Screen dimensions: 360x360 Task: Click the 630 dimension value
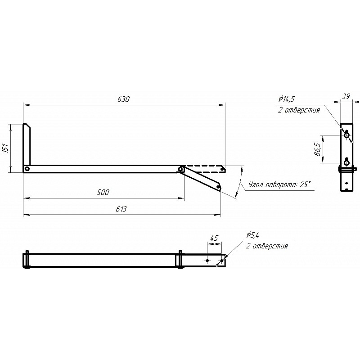coord(123,99)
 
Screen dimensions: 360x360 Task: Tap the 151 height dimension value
coord(5,148)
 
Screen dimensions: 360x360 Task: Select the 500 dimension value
coord(103,192)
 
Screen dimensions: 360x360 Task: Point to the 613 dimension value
coord(121,209)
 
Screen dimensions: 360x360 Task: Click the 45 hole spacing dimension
coord(214,238)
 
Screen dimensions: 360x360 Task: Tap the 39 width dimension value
coord(346,96)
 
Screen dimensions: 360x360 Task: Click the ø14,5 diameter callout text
coord(286,99)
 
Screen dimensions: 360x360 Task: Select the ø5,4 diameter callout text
coord(252,235)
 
